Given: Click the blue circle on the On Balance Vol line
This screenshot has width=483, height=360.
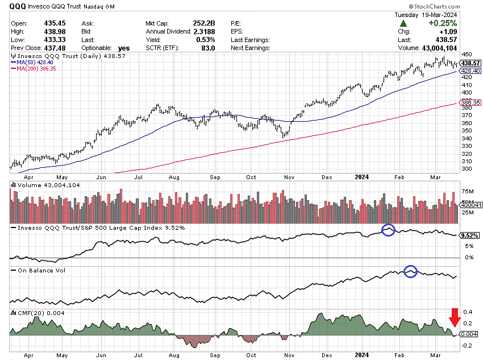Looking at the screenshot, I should (x=411, y=272).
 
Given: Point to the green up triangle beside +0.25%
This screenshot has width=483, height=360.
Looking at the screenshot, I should (x=403, y=23).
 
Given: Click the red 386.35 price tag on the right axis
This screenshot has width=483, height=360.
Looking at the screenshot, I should (x=470, y=103).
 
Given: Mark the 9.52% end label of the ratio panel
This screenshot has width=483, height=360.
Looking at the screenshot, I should (x=470, y=235).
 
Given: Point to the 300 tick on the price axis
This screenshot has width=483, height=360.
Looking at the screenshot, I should (x=467, y=169).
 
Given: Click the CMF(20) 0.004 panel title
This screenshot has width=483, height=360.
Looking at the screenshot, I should (x=40, y=312).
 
